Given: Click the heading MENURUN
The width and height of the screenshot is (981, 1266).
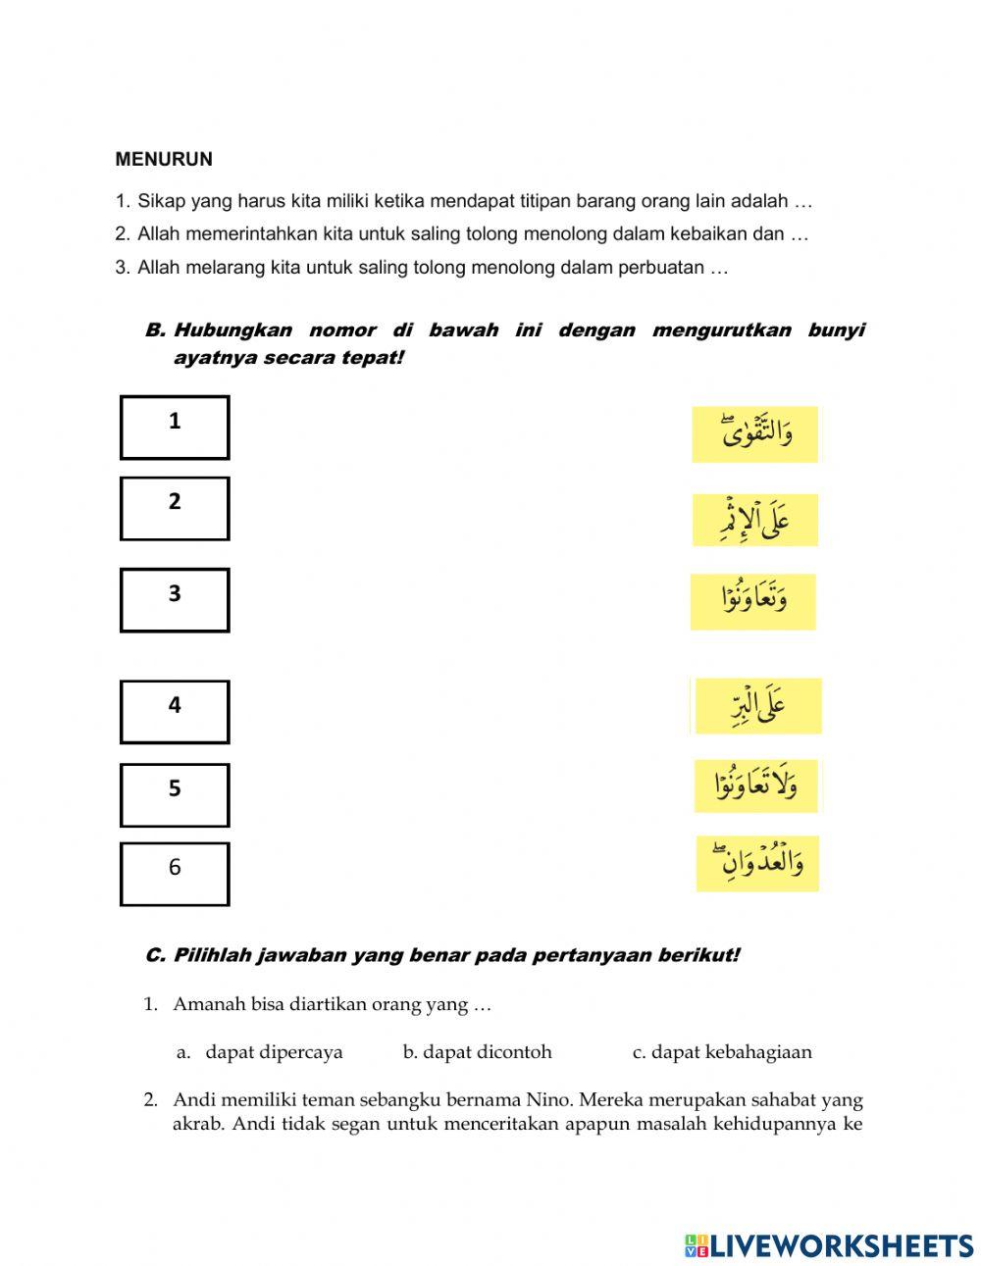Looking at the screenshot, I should (164, 159).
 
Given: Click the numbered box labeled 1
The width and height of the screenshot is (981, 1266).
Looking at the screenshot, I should (175, 428).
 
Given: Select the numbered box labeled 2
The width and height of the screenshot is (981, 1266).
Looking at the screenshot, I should (175, 508).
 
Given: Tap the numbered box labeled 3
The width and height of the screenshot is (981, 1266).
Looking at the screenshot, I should (175, 599).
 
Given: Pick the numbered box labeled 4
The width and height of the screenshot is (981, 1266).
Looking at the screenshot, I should (175, 711).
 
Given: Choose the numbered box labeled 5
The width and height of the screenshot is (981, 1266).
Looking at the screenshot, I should (175, 794).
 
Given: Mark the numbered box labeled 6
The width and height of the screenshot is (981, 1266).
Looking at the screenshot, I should (175, 873).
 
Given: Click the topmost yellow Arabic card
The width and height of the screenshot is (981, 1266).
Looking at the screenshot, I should (754, 434).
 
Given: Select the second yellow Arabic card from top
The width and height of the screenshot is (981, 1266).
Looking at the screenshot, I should (754, 520).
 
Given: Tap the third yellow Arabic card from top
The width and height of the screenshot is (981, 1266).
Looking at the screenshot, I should (752, 601).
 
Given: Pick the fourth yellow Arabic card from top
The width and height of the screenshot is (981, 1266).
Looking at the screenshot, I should (756, 705).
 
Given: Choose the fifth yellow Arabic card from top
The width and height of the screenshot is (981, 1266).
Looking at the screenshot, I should (755, 785).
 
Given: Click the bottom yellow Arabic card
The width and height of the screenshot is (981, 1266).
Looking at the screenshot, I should (757, 863).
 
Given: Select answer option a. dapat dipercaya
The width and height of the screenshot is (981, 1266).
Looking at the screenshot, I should (274, 1052).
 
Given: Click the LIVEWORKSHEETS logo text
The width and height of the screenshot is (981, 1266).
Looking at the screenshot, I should (841, 1245).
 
